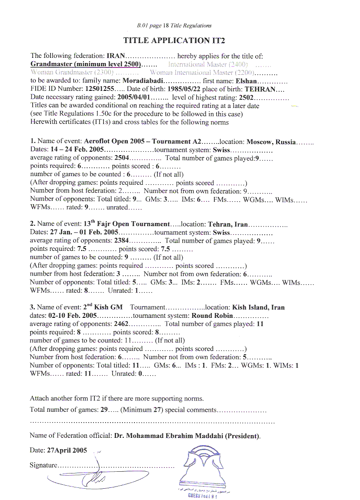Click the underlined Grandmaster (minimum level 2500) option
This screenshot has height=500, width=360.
pos(86,64)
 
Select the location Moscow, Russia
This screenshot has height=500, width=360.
pos(271,142)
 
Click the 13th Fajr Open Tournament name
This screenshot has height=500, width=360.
pos(127,224)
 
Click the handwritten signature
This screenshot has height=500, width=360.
pos(87,476)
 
